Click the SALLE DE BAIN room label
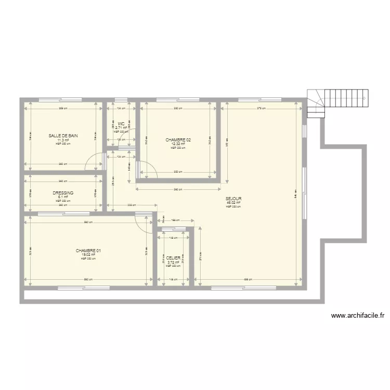63,136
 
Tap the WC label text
121,124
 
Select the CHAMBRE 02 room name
178,140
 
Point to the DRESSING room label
63,193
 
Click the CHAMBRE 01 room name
88,251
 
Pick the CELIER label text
174,258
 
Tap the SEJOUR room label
233,199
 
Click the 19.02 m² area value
88,255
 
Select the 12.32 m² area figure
178,144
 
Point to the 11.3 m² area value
63,140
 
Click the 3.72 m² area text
174,262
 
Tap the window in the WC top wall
121,99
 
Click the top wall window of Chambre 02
177,99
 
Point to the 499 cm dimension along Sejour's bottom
249,280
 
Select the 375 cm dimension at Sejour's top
261,109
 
